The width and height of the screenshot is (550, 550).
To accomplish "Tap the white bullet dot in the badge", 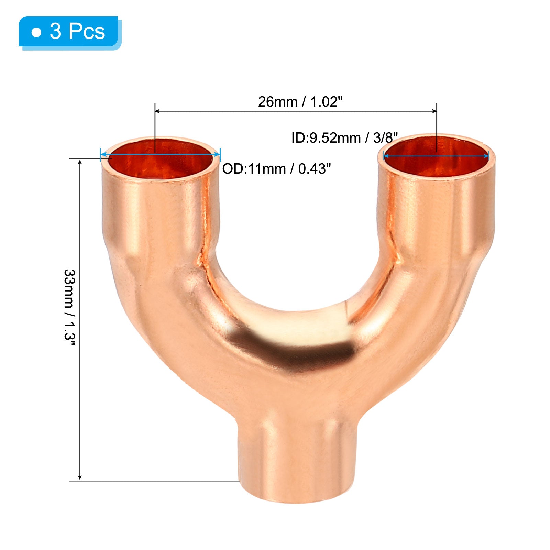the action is coord(36,33).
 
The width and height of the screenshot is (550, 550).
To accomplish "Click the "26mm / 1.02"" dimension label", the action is coord(300,102).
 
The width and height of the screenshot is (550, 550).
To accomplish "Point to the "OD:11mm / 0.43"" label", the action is coord(277,169).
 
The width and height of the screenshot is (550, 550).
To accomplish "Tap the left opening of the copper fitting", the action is coord(160,158).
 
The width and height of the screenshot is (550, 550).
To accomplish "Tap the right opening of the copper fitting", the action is coord(437,155).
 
